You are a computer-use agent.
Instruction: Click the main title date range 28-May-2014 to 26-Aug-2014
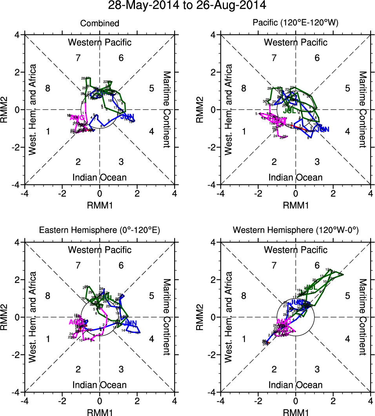click(187, 5)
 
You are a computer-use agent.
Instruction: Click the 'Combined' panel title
click(100, 24)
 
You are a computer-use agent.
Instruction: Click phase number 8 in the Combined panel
click(48, 88)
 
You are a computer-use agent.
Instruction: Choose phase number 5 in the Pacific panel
click(347, 88)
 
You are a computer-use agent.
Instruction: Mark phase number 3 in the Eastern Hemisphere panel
click(121, 369)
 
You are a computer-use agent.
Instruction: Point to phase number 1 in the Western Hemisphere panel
click(244, 339)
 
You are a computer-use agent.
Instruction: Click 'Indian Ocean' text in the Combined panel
click(100, 177)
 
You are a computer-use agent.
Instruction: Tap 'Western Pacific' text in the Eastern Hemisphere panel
click(100, 250)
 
